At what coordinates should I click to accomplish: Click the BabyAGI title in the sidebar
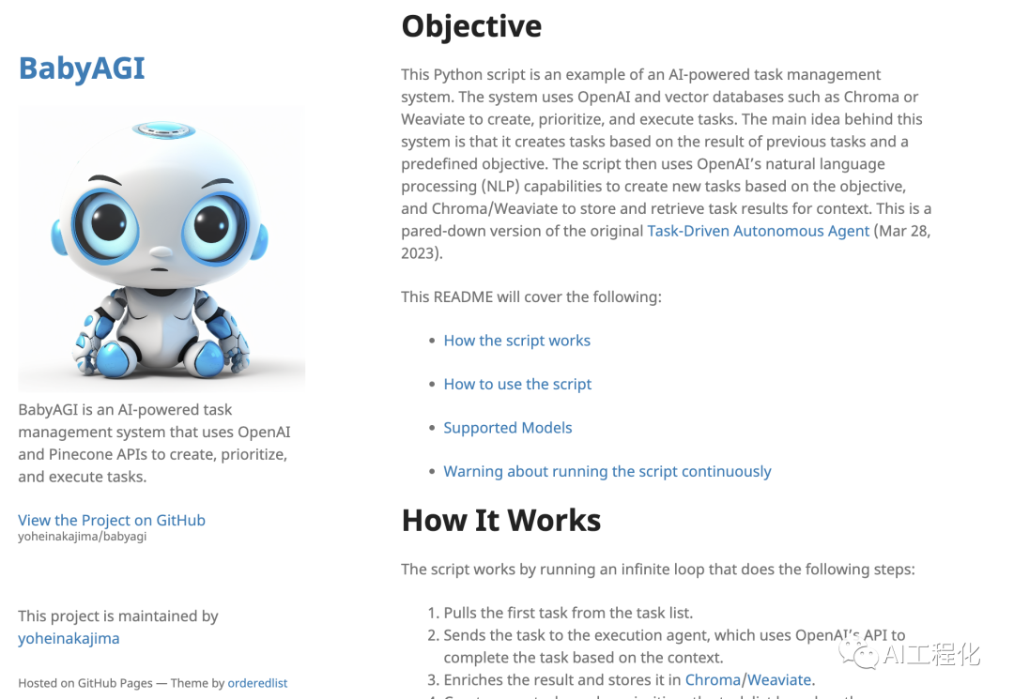(x=82, y=68)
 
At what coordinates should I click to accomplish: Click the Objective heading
(x=471, y=26)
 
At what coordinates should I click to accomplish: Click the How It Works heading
(x=501, y=520)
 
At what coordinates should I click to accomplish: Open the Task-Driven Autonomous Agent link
(x=758, y=231)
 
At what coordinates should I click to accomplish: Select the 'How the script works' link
(x=516, y=341)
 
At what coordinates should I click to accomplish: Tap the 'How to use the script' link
(x=517, y=384)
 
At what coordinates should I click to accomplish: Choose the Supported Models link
(x=507, y=428)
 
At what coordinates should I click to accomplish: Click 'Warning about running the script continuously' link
(x=607, y=471)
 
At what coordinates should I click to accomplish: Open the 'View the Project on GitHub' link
(x=112, y=520)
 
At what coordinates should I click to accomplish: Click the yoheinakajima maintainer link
(x=69, y=638)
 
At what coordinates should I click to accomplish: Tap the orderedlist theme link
(x=257, y=683)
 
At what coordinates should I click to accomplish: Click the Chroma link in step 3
(x=713, y=680)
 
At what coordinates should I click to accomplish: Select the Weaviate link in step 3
(x=779, y=680)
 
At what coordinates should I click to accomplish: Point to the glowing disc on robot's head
(x=162, y=129)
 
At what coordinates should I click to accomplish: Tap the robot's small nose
(x=161, y=251)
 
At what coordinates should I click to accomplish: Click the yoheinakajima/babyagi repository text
(x=82, y=537)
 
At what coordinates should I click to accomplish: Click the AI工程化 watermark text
(x=930, y=653)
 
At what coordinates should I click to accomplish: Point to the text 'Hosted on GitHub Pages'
(x=84, y=683)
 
